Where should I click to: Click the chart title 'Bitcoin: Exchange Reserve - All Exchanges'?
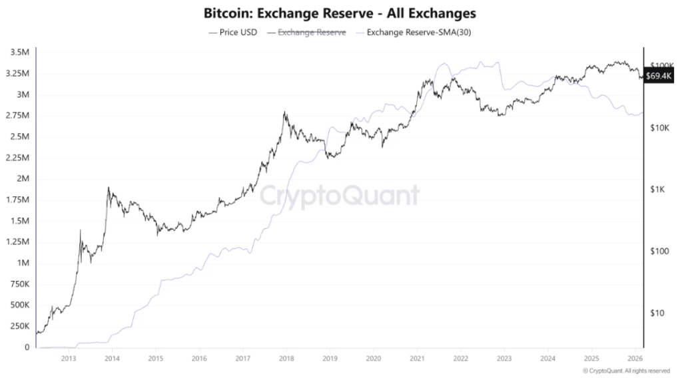tap(341, 13)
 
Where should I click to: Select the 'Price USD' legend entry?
tap(232, 31)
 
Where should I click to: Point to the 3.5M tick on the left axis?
tap(20, 52)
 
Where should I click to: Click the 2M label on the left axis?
tap(24, 178)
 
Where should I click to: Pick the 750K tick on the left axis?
tap(20, 284)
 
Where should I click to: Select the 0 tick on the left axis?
tap(27, 347)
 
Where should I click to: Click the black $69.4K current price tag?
tap(659, 77)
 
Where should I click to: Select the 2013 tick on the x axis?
tap(68, 358)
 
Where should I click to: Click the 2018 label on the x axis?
tap(286, 358)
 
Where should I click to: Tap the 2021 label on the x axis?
tap(416, 358)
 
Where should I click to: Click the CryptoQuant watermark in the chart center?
tap(339, 195)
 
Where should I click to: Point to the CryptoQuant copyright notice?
tap(625, 371)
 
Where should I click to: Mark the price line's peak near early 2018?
tap(285, 112)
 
